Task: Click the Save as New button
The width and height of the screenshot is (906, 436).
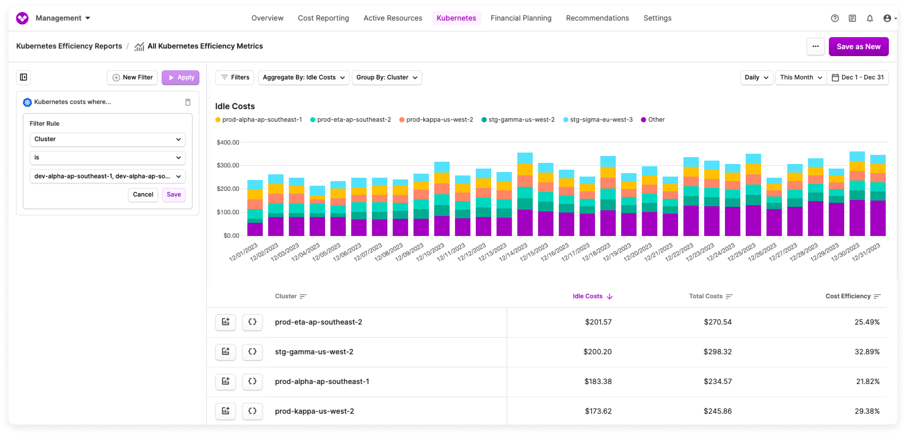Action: click(858, 47)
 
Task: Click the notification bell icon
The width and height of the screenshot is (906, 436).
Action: click(869, 18)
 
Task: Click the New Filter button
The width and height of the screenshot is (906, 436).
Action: click(132, 77)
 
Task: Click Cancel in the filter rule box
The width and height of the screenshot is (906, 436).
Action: click(143, 195)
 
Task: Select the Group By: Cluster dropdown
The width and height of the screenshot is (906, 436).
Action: click(386, 77)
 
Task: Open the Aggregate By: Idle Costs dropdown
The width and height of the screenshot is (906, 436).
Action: click(303, 77)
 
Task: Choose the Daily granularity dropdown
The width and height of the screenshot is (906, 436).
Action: click(756, 77)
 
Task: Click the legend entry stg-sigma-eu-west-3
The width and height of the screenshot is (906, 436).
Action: click(601, 120)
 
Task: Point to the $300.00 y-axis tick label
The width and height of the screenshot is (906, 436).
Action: click(228, 165)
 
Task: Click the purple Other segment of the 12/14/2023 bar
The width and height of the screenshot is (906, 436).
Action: click(525, 223)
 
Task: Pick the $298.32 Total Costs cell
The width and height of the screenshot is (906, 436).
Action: click(717, 351)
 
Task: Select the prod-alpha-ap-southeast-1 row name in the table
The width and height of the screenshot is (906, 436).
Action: click(322, 381)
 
